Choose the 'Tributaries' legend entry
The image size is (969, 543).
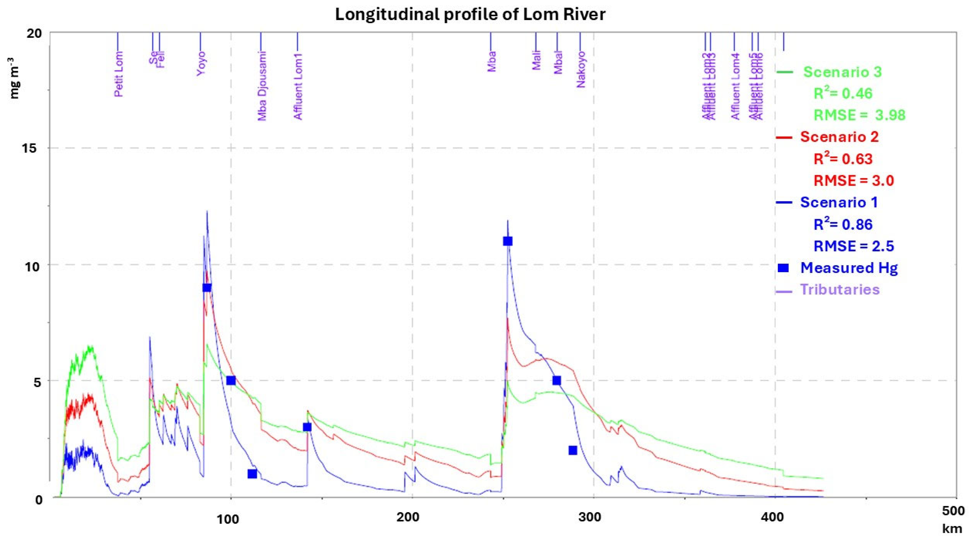tap(840, 289)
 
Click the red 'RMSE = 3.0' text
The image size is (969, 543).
tap(853, 181)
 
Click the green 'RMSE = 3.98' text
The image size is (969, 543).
tap(860, 115)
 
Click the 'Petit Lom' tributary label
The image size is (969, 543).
tap(118, 74)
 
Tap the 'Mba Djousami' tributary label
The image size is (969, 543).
tap(262, 87)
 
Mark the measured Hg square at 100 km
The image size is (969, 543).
tap(231, 380)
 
